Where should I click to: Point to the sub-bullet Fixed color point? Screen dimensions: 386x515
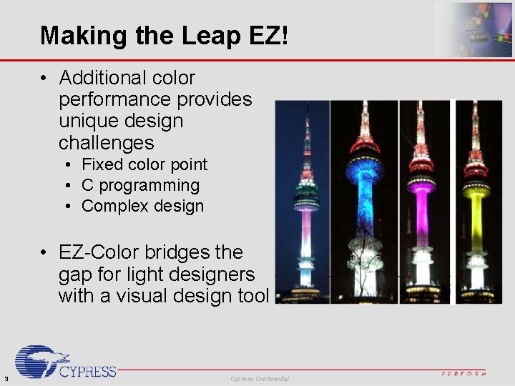[x=144, y=164]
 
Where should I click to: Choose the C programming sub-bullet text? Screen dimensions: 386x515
[x=140, y=185]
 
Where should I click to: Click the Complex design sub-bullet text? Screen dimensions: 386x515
[x=142, y=207]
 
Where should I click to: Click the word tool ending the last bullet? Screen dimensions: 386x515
[x=253, y=295]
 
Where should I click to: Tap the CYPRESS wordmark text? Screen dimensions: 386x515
[x=88, y=371]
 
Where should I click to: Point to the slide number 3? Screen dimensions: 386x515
[x=6, y=378]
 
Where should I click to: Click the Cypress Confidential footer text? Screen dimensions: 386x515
[x=260, y=378]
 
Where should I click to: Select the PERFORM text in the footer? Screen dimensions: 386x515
[x=463, y=374]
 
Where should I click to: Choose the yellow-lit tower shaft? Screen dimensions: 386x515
[x=476, y=222]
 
